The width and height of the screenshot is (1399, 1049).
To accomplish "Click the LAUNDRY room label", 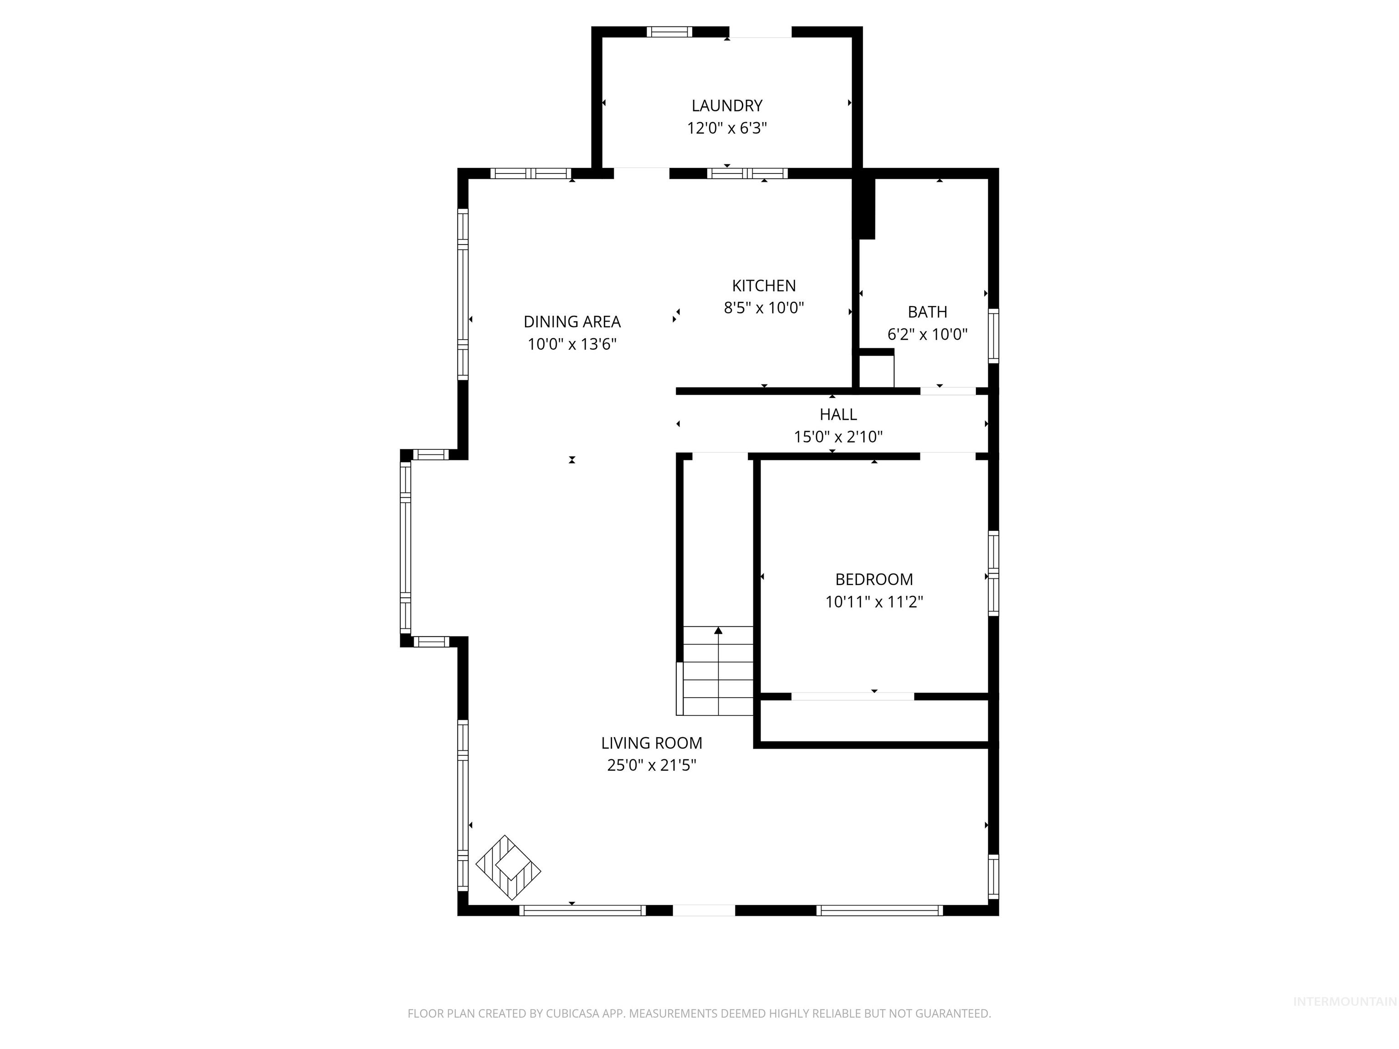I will pyautogui.click(x=727, y=106).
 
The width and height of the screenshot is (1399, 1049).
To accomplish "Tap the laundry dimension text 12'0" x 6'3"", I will pyautogui.click(x=727, y=128).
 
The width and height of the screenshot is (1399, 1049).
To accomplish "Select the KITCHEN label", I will pyautogui.click(x=763, y=286).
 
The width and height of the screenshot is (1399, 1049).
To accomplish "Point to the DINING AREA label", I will pyautogui.click(x=572, y=322).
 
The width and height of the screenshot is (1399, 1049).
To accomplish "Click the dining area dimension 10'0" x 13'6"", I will pyautogui.click(x=572, y=345).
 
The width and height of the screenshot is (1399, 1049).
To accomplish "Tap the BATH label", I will pyautogui.click(x=927, y=312).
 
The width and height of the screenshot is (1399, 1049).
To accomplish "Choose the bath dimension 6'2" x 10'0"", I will pyautogui.click(x=927, y=335).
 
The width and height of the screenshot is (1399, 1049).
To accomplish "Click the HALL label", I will pyautogui.click(x=838, y=415).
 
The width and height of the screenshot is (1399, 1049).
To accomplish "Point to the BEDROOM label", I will pyautogui.click(x=874, y=579).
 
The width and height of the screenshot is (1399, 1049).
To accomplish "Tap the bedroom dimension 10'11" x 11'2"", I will pyautogui.click(x=874, y=602).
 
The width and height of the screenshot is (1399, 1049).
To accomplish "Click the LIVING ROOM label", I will pyautogui.click(x=651, y=743).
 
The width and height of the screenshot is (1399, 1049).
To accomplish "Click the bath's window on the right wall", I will pyautogui.click(x=994, y=336).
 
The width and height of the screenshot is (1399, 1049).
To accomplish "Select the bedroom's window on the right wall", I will pyautogui.click(x=994, y=573).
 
